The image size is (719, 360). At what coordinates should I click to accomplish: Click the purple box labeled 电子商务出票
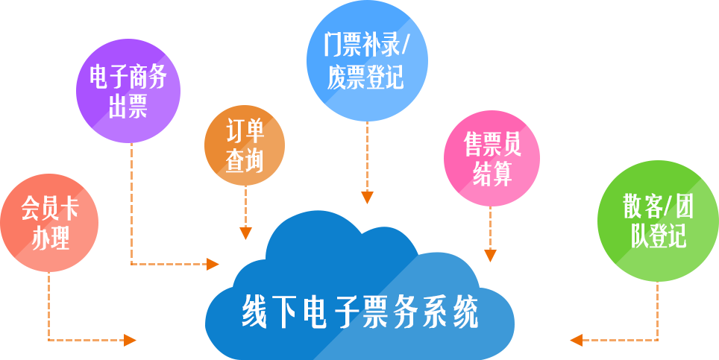[128, 89]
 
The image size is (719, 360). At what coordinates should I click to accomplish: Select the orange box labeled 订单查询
[245, 144]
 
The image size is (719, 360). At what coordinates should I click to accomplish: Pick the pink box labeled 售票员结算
[492, 157]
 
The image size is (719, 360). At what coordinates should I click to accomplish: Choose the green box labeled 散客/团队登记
[654, 220]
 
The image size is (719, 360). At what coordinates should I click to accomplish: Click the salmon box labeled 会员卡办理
[51, 222]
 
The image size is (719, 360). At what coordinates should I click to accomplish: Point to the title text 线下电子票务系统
[359, 313]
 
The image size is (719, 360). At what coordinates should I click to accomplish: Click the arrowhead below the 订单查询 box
[245, 233]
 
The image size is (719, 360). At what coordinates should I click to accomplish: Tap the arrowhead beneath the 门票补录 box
[367, 198]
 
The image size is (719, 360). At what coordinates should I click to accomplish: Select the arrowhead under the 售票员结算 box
[490, 255]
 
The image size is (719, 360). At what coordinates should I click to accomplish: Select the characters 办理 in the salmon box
[51, 239]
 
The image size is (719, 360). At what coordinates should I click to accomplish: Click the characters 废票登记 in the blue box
[365, 77]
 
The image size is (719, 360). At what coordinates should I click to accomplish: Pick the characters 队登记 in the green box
[659, 236]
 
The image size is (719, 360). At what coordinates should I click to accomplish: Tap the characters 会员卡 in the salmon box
[51, 208]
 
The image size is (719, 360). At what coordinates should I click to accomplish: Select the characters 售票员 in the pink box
[492, 144]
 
